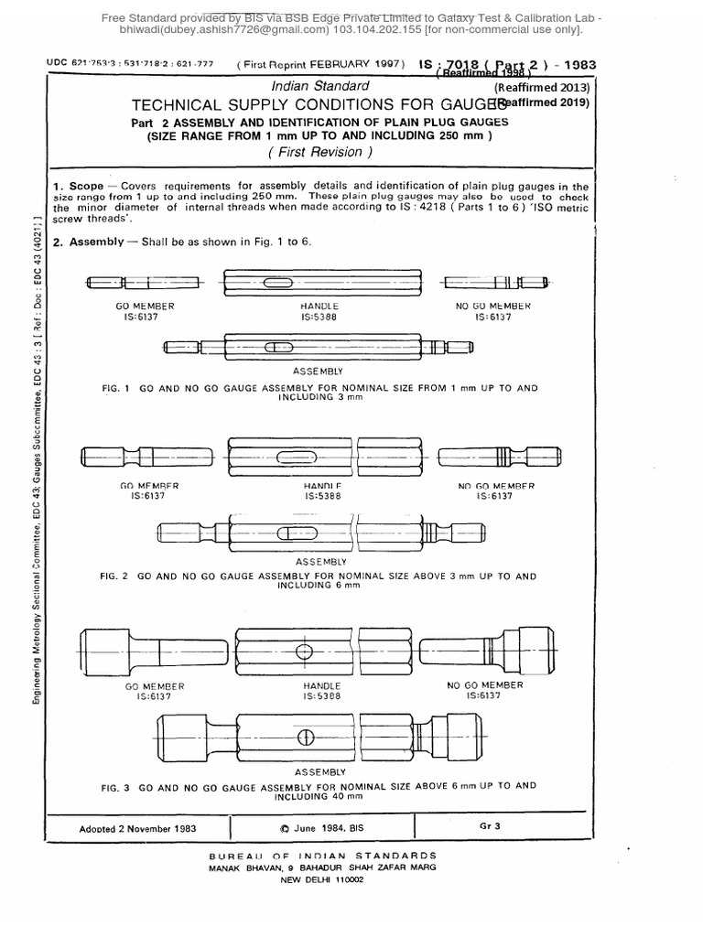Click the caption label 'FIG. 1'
pos(118,388)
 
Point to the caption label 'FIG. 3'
pos(118,786)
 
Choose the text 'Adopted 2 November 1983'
pos(137,827)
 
